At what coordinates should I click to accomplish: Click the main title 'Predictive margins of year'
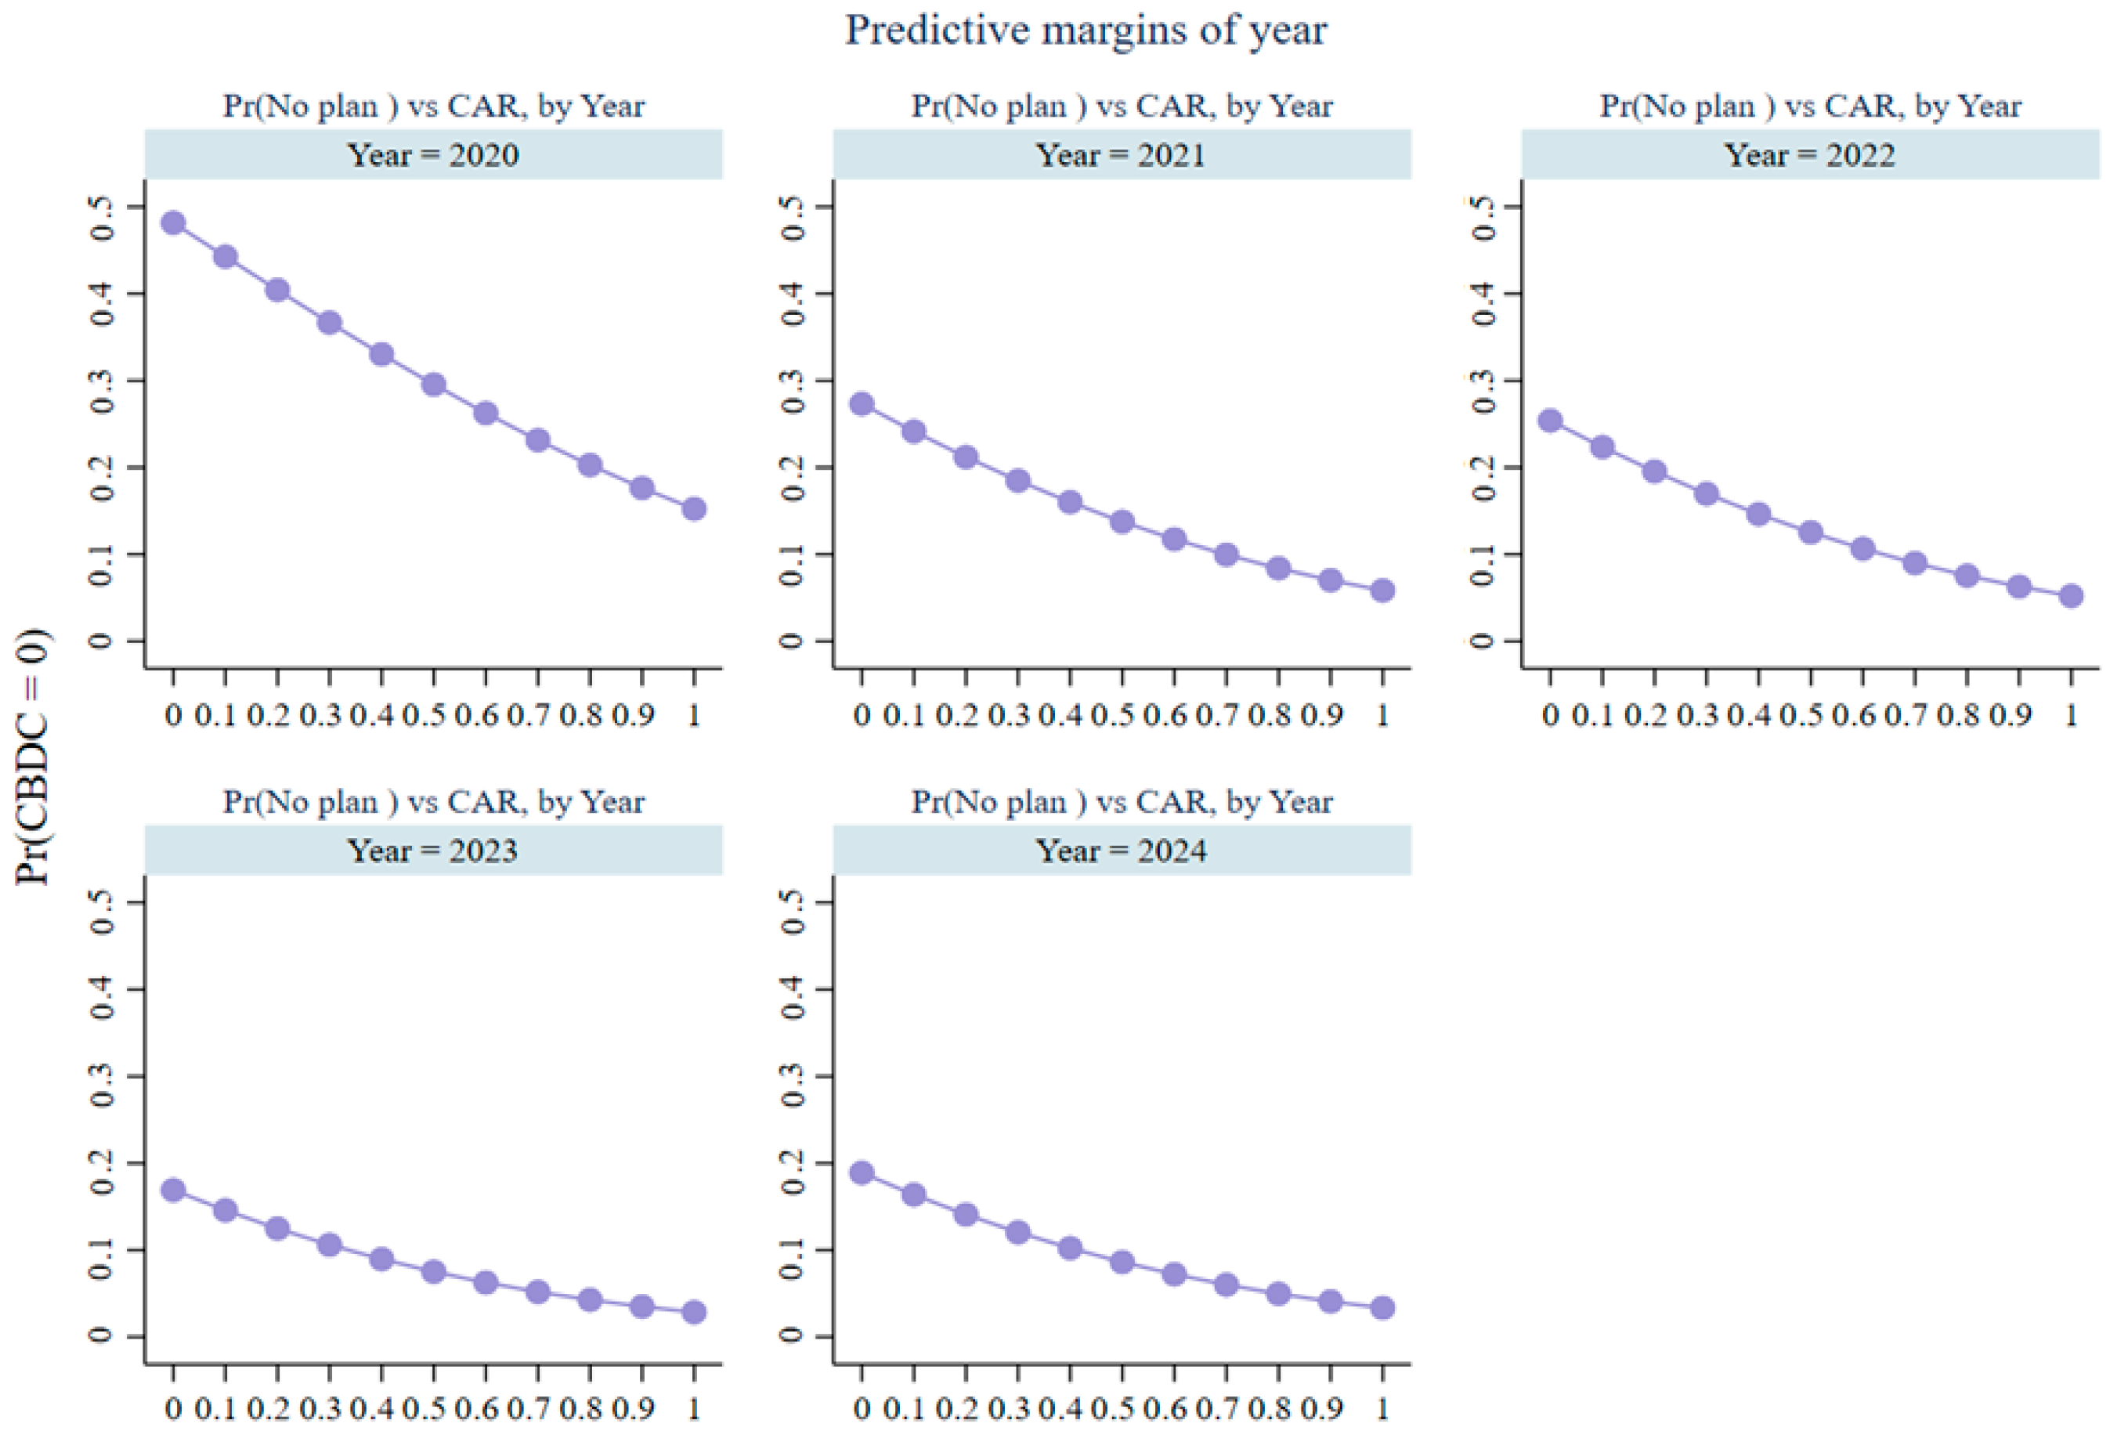click(1086, 30)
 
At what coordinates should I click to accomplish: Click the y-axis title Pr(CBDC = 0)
click(33, 756)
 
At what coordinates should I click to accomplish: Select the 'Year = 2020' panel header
click(434, 155)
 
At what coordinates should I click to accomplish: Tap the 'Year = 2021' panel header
click(1122, 155)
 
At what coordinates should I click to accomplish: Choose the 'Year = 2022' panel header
click(1811, 155)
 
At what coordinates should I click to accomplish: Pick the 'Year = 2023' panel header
click(434, 851)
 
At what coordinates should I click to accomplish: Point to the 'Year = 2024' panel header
click(1122, 851)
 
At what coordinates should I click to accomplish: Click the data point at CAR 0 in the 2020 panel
click(173, 223)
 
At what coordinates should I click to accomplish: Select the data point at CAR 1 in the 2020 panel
click(694, 509)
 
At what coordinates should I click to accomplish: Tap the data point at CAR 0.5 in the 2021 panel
click(1122, 522)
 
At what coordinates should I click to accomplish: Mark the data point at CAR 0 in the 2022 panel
click(1551, 421)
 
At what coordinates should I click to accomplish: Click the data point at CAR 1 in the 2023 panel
click(694, 1313)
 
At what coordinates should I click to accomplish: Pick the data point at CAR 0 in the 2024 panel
click(862, 1173)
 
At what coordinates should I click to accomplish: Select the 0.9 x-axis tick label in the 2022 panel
click(2011, 715)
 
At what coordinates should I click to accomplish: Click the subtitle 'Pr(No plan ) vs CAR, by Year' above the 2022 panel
click(1811, 107)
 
